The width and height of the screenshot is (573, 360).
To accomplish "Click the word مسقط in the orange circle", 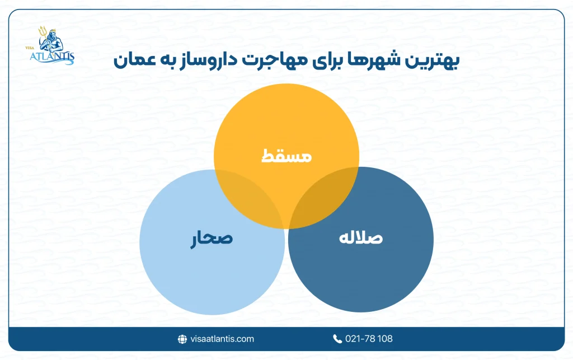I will click(x=286, y=156).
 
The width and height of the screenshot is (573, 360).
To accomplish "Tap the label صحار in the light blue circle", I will click(x=210, y=239).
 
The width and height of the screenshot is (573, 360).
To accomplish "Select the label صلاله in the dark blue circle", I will click(x=361, y=237).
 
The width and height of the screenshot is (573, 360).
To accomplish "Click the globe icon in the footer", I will click(x=182, y=339).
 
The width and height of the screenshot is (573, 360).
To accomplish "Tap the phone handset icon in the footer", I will click(x=337, y=339).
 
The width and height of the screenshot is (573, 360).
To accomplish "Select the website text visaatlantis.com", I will click(x=222, y=339).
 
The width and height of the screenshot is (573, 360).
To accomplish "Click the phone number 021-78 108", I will click(x=369, y=339).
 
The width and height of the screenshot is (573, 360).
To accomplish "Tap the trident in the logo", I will click(x=41, y=35).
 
